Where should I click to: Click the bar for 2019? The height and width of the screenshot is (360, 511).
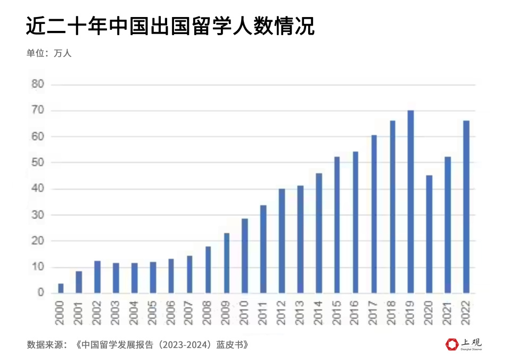tap(410, 202)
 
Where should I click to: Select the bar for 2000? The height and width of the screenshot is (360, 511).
tap(61, 288)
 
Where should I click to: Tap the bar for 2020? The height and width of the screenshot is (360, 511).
tap(429, 234)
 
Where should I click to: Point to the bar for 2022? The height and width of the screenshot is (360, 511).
tap(466, 207)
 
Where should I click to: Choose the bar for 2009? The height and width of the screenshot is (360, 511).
tap(226, 263)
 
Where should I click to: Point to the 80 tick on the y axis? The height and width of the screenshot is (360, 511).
tap(38, 84)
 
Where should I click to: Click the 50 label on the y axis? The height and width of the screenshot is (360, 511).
tap(38, 162)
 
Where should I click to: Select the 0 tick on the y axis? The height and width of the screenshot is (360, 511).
tap(40, 293)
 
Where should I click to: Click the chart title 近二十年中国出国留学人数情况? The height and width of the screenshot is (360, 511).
tap(170, 26)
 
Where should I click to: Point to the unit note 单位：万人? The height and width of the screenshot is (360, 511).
tap(49, 53)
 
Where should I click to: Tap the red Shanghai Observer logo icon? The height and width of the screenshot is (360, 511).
tap(452, 345)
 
